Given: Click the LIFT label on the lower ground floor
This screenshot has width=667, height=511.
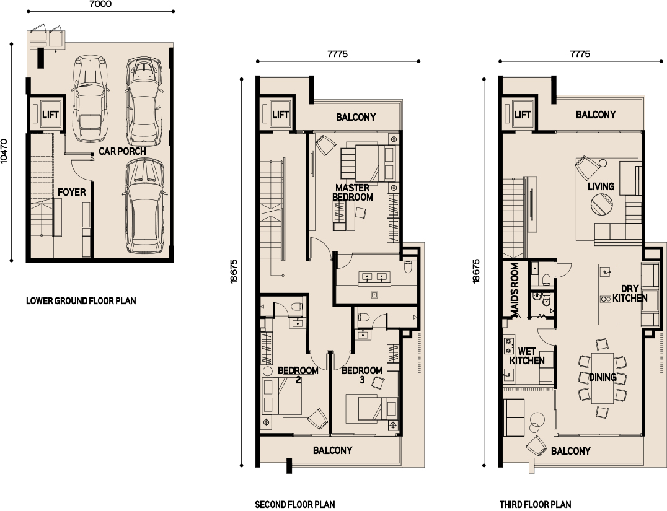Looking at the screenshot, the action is coord(50,115).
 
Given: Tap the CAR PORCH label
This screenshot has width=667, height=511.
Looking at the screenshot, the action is coord(122,151).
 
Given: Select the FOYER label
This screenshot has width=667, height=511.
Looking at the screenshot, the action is coord(72,192).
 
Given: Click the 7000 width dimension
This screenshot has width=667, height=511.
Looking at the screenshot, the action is coord(101,4).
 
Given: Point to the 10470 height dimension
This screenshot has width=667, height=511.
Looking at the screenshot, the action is coord(4,151).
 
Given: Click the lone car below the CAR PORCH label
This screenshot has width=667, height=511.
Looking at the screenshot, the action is coord(144,206).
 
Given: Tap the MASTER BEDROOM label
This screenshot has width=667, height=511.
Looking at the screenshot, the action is coord(353,192).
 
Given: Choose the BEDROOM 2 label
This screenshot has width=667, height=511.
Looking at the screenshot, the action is coord(298,375).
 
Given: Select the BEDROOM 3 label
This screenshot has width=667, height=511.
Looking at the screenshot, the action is coord(361,375).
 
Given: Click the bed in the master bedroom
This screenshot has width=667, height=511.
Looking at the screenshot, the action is coord(368,164).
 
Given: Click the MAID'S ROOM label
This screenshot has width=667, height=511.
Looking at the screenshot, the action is coord(515,290).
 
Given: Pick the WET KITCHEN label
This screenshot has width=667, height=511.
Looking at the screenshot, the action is coord(527,356).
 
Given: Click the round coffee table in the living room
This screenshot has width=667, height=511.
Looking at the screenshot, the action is coord(601,204).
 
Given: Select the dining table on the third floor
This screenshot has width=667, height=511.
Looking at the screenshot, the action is coord(603,378).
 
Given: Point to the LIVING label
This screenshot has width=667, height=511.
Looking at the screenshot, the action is coord(601,186).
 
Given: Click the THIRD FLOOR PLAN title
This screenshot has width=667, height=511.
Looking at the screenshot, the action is coord(535,505).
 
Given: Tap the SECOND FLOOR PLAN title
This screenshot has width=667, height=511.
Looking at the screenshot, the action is coord(295,505).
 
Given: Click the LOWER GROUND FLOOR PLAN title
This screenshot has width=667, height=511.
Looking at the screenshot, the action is coord(81,301).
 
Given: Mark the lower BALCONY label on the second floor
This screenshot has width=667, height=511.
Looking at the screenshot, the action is coord(333,450).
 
